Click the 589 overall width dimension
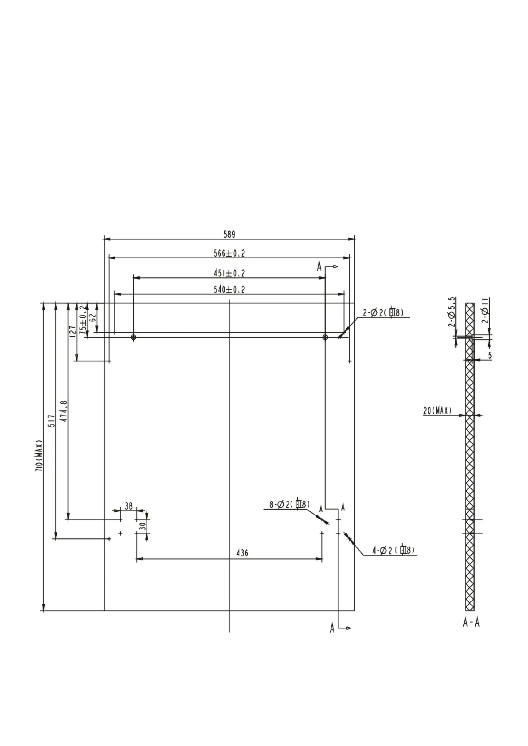click(x=229, y=234)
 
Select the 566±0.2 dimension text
click(x=229, y=253)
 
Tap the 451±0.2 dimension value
click(x=229, y=273)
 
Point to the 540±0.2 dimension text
click(x=229, y=290)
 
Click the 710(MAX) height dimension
click(x=39, y=456)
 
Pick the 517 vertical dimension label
click(x=51, y=421)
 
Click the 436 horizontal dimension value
click(x=242, y=553)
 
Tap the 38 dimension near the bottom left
click(x=129, y=505)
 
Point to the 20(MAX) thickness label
click(x=438, y=411)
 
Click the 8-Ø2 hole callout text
click(x=289, y=504)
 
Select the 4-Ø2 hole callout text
click(x=393, y=550)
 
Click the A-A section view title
click(x=471, y=622)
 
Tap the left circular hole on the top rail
click(x=133, y=338)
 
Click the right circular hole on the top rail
click(x=325, y=338)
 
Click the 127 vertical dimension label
click(x=72, y=331)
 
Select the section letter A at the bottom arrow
click(x=332, y=628)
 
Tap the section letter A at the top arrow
click(x=319, y=266)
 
